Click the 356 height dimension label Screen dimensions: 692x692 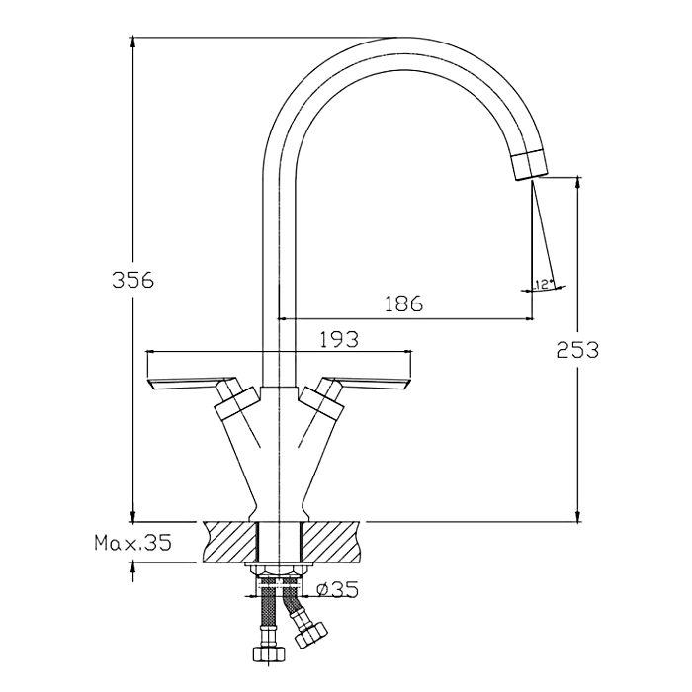point(132,280)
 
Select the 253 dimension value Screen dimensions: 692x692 point(577,350)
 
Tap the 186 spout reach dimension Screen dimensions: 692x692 point(403,303)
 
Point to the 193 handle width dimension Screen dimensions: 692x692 point(339,339)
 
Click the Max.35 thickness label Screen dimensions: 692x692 point(132,542)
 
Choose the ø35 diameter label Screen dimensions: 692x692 point(338,589)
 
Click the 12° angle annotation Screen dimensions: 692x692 point(543,285)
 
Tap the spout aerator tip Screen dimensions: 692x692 point(530,165)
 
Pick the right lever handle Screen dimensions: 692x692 point(367,384)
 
